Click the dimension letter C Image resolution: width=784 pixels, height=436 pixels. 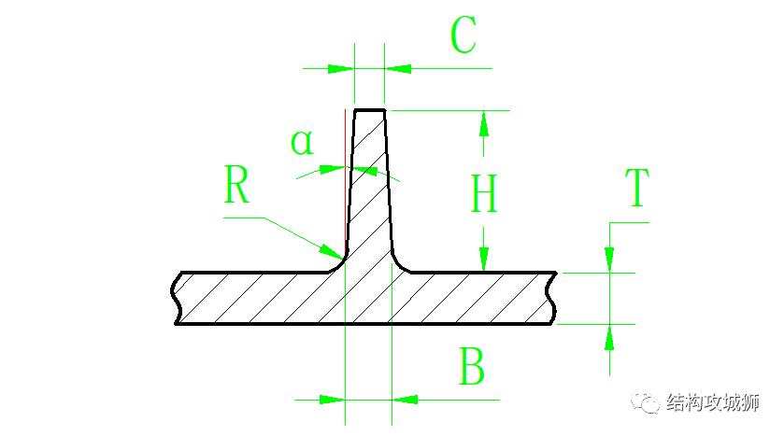(x=463, y=37)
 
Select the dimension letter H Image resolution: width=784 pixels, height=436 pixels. (x=483, y=196)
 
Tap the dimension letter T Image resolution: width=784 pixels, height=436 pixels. (x=636, y=190)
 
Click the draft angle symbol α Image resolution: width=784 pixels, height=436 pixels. (x=302, y=143)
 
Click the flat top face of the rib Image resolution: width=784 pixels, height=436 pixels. (x=369, y=110)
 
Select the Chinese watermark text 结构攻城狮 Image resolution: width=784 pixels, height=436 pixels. (x=714, y=403)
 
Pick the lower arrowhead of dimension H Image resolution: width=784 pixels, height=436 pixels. (x=483, y=260)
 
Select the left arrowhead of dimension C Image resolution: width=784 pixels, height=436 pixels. (x=342, y=67)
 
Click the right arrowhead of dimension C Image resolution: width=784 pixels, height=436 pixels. (x=397, y=67)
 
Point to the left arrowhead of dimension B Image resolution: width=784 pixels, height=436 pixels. (x=333, y=400)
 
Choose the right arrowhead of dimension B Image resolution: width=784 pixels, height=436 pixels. (x=404, y=400)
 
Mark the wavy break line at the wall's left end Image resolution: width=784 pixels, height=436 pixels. (x=176, y=298)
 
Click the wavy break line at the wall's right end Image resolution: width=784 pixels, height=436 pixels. (x=555, y=298)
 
